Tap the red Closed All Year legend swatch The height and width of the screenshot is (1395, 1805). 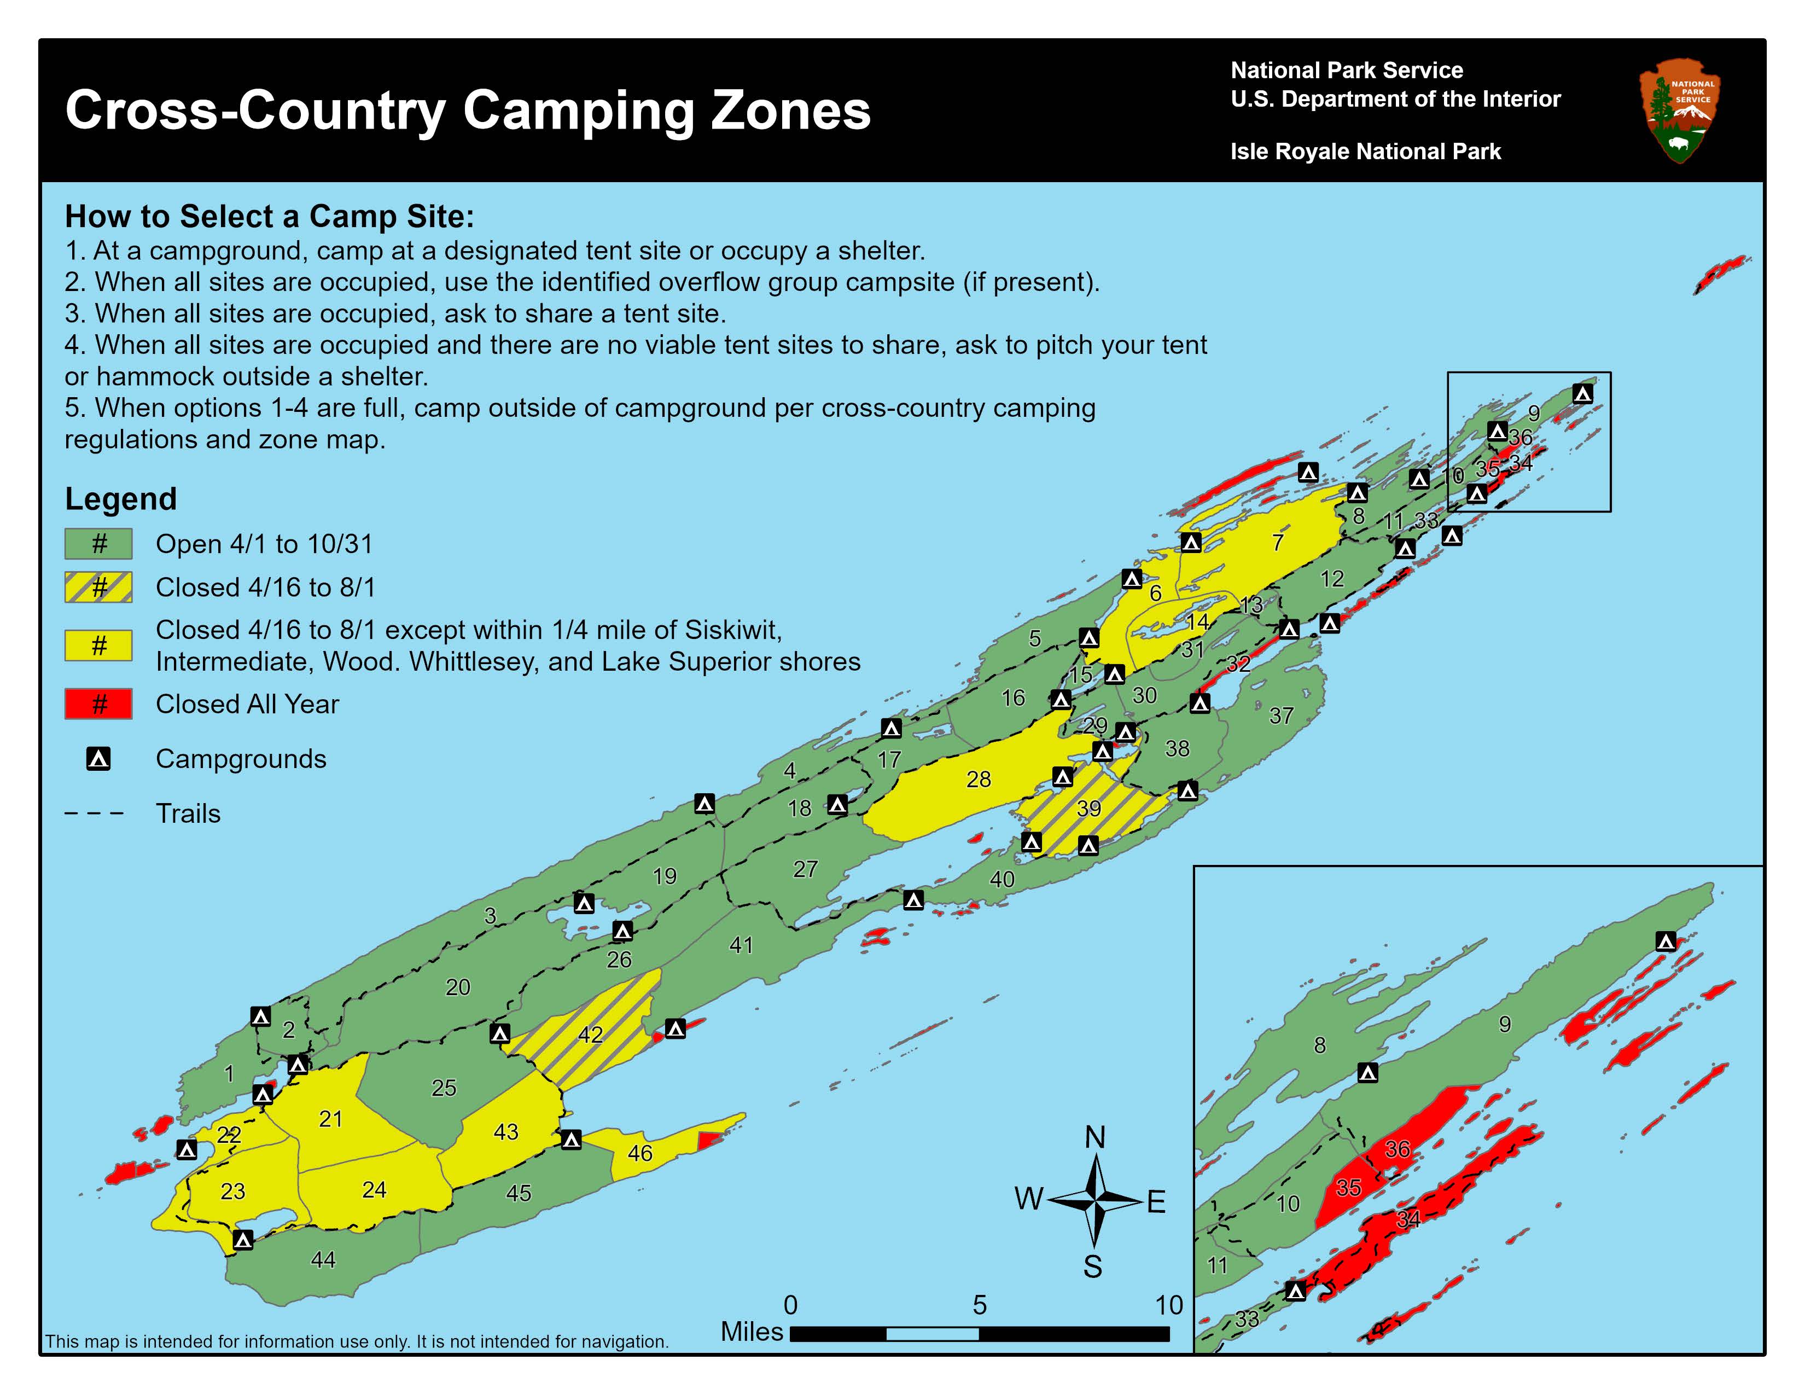tap(98, 704)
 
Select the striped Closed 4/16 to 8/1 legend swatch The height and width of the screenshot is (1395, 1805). tap(98, 587)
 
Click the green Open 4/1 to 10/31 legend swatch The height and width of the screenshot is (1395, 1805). tap(98, 544)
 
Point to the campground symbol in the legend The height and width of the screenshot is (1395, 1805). tap(98, 759)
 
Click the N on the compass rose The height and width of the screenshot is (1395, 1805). tap(1094, 1138)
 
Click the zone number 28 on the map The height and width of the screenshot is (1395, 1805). tap(979, 780)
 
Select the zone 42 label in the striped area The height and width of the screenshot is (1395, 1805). tap(590, 1034)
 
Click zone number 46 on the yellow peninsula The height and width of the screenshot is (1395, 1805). tap(640, 1153)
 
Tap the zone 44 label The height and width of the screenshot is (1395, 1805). tap(323, 1259)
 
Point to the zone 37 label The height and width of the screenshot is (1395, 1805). tap(1281, 716)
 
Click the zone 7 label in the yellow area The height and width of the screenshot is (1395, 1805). tap(1278, 543)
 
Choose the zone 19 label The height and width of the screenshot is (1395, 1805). tap(665, 876)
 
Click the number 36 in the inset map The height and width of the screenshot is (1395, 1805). tap(1398, 1149)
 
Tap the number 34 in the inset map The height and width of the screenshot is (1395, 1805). tap(1408, 1219)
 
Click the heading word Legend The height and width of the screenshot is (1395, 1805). tap(121, 499)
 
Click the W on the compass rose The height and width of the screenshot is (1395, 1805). tap(1028, 1198)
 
